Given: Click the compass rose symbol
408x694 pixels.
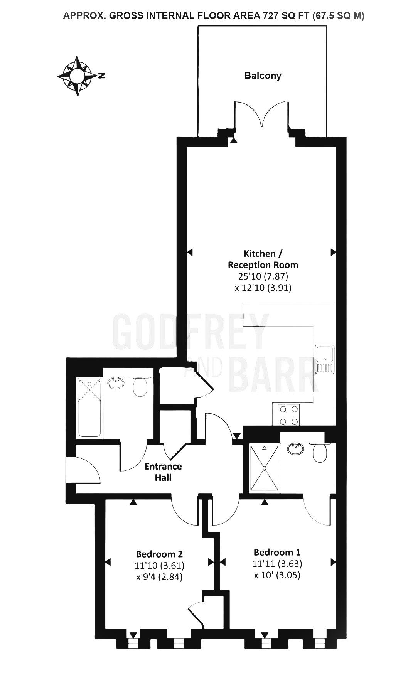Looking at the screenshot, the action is tap(77, 76).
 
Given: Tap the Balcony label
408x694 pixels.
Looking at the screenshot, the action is tap(263, 76).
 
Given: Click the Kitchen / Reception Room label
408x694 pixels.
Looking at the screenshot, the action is tap(263, 259).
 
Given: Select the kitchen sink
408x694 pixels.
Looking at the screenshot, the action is tap(325, 359).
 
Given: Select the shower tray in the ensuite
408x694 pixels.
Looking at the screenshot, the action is tap(264, 468).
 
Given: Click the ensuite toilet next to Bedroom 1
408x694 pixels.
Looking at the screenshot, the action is tap(320, 452).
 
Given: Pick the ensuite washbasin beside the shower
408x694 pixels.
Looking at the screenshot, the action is tap(296, 449).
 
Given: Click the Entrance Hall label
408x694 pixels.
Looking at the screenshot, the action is tap(163, 472).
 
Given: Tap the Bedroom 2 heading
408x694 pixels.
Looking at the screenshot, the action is tap(159, 554).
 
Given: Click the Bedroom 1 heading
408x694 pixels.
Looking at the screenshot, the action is tap(277, 552).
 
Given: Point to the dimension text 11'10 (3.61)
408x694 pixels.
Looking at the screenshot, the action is tap(159, 566).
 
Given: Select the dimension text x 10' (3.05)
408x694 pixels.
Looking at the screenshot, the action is tap(277, 575).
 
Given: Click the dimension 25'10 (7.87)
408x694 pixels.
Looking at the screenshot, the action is tap(263, 276).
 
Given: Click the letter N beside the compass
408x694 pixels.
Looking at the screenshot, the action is tap(102, 76).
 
